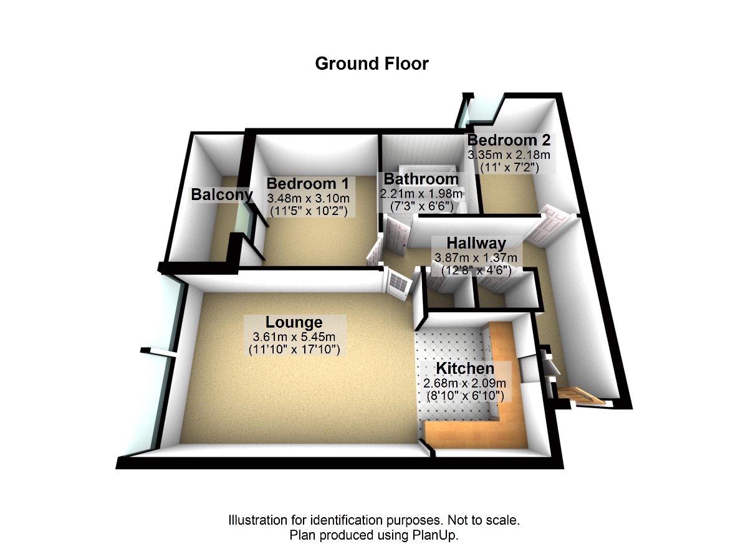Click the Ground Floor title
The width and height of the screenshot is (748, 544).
[372, 64]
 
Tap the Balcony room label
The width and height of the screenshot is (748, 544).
[222, 194]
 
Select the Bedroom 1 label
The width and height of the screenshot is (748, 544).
[307, 184]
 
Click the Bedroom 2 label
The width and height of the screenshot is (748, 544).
[508, 140]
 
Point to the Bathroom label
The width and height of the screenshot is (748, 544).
[421, 179]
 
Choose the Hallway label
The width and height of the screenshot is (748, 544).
[476, 243]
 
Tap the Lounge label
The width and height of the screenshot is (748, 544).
[294, 322]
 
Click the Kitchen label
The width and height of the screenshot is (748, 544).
[465, 368]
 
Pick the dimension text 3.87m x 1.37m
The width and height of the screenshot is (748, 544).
[476, 257]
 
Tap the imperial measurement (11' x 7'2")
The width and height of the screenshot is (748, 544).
[509, 167]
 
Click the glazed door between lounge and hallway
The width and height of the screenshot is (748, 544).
[399, 283]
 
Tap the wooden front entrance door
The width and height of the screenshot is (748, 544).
[580, 396]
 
